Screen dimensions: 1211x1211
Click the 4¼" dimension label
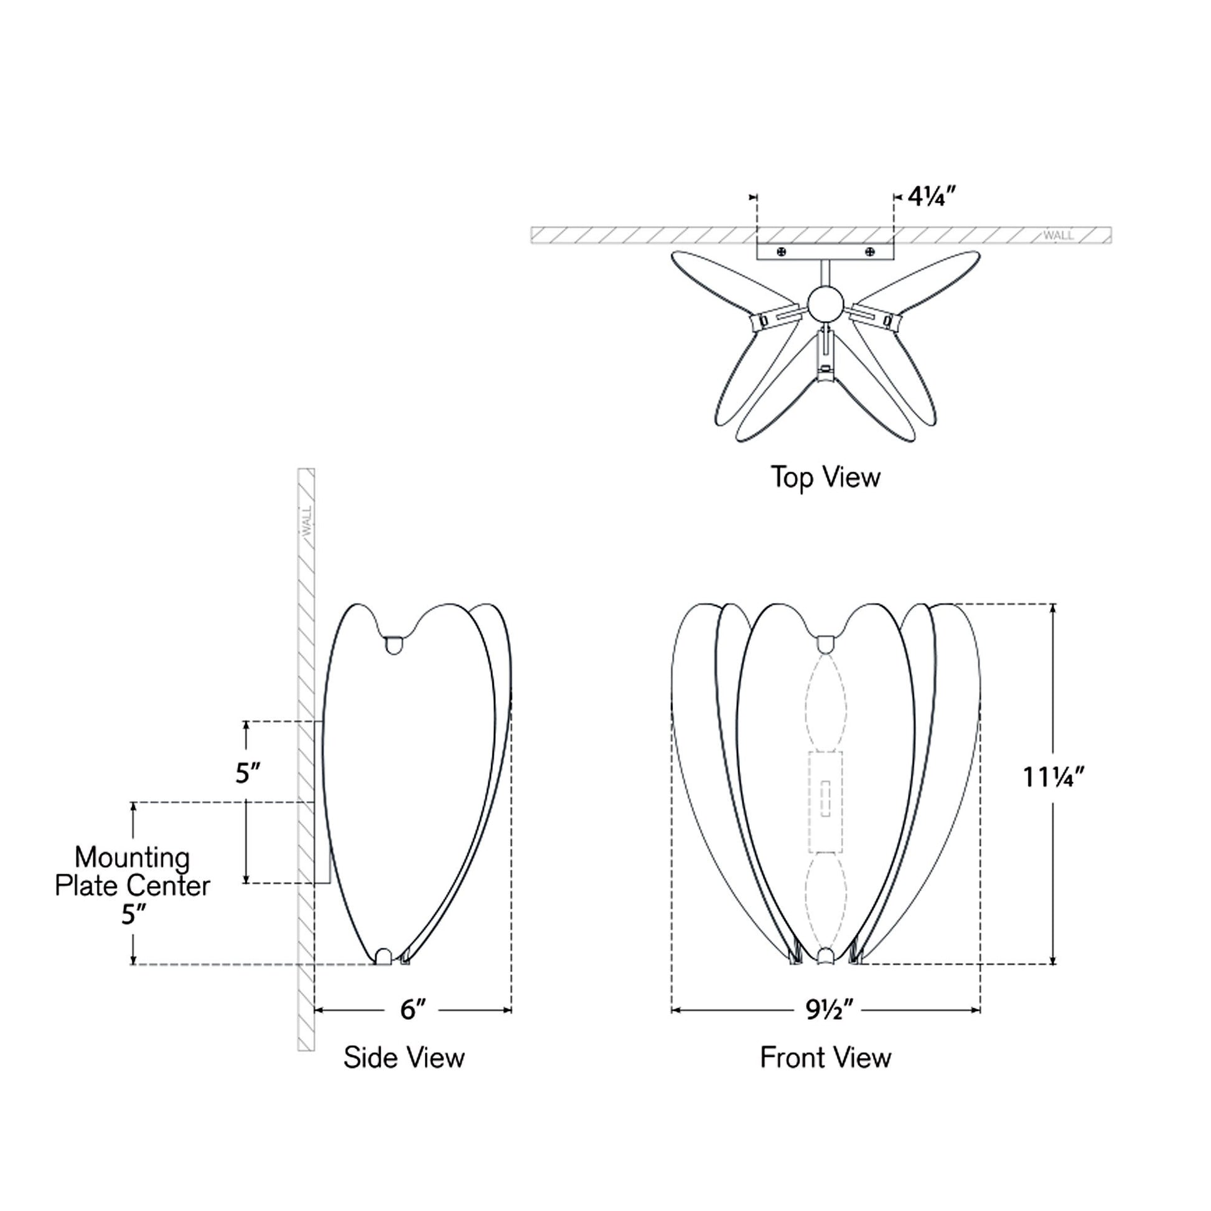coord(932,197)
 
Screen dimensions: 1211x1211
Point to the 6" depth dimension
coord(413,1010)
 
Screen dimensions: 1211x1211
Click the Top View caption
coord(826,478)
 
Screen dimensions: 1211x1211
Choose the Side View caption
coord(404,1058)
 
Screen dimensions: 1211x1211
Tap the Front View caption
coord(826,1058)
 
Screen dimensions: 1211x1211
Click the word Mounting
coord(133,858)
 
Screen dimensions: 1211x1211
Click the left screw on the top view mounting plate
coord(782,252)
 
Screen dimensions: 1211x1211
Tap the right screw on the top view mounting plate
coord(869,252)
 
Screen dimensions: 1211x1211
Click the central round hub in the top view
coord(826,305)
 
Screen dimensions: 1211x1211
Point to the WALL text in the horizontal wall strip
coord(1058,236)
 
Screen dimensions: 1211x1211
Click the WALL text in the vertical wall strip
coord(307,521)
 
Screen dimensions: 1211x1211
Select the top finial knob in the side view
coord(394,645)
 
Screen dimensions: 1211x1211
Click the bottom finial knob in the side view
coord(383,956)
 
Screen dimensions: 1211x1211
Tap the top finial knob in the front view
coord(826,645)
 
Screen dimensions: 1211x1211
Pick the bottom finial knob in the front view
coord(826,955)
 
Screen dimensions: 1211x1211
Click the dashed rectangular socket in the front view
coord(826,802)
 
